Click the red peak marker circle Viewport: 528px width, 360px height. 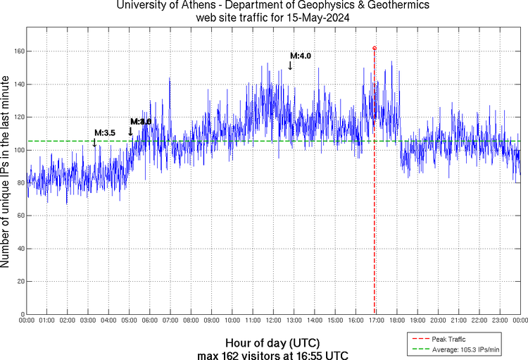tap(375, 49)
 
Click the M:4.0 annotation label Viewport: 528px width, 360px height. tap(301, 56)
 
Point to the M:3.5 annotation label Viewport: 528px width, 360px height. tap(105, 132)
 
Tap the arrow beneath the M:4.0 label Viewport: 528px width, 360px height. tap(290, 66)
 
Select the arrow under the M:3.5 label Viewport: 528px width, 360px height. tap(94, 142)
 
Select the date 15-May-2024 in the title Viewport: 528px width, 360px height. tap(315, 17)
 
